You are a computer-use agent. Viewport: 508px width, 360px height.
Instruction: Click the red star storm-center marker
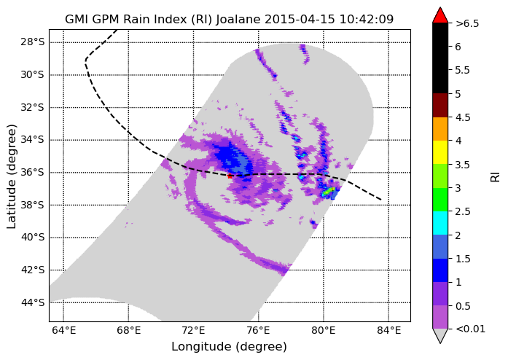230,176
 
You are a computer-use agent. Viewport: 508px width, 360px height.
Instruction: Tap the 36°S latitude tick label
32,173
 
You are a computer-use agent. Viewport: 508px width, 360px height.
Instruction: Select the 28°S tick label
32,42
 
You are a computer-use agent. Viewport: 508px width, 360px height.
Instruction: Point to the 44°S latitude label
32,302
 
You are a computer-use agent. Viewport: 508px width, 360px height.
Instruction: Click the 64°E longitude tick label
64,331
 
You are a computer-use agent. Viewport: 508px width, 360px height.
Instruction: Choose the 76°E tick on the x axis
258,331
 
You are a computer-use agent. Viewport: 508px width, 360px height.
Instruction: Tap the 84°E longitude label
388,331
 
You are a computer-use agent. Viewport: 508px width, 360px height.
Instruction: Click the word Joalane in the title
238,20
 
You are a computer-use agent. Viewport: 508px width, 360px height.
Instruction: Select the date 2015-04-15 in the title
300,20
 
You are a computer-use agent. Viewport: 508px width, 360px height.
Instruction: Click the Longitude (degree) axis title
229,347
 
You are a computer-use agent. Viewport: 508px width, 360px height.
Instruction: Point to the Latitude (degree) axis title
12,176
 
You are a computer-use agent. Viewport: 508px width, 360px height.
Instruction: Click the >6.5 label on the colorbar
467,23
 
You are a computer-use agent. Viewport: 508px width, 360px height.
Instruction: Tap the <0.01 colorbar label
470,329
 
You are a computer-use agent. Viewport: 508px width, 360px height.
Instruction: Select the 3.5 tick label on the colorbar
463,165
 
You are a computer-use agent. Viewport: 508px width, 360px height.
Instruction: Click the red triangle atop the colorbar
440,15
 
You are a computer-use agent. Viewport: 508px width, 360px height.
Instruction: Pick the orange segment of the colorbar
440,129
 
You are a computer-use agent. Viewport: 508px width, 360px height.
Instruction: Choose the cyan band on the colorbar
440,223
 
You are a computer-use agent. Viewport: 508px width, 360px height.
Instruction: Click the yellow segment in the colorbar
440,152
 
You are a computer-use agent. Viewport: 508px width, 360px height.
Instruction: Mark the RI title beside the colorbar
495,177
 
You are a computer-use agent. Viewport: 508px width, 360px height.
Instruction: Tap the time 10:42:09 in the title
367,20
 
